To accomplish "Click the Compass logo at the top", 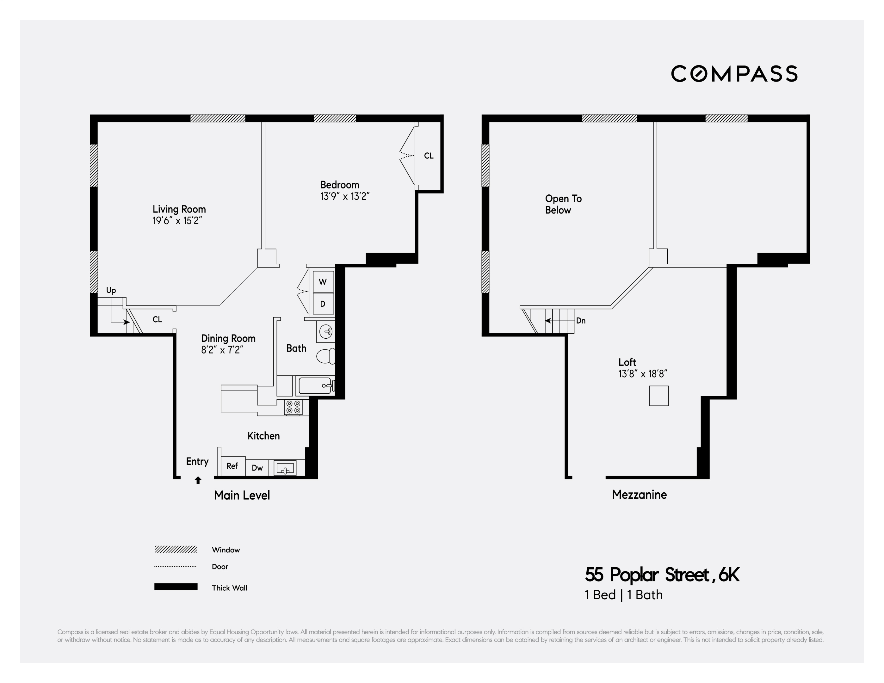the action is (734, 74).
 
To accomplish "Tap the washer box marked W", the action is (323, 282).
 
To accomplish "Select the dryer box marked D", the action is (323, 304).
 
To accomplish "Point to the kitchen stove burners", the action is (294, 407).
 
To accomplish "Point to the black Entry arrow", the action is (198, 480).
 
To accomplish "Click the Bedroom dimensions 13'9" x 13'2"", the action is (345, 197).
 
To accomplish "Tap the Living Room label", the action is (179, 209).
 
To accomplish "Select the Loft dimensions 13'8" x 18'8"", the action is (643, 374).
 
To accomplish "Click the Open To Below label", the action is (563, 204).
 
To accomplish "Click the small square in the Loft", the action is (659, 396).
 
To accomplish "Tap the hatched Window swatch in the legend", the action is (176, 550).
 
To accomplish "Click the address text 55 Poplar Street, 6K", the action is (662, 575).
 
